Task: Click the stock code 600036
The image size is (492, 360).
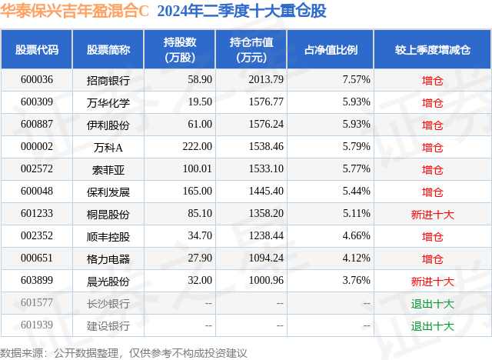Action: (37, 79)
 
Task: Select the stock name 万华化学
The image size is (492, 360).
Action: (108, 102)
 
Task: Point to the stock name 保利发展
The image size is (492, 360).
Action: (108, 191)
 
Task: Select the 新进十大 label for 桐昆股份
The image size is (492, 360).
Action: (433, 214)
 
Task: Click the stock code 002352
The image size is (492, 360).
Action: (37, 236)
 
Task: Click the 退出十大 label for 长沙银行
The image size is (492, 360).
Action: (433, 303)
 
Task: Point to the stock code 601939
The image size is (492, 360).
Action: (37, 325)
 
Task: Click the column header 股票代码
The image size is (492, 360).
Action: (37, 50)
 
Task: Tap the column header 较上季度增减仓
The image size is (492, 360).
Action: (433, 50)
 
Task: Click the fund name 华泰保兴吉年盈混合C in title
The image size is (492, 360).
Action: (75, 11)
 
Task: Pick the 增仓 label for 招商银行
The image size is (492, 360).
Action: (433, 79)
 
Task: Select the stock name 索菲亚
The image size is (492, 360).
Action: (108, 168)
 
